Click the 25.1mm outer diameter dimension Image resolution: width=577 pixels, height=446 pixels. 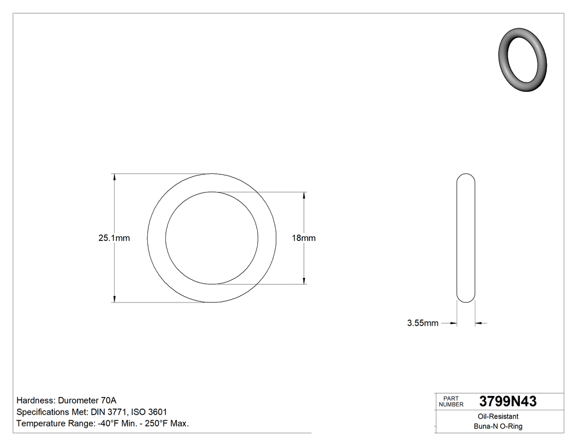(114, 238)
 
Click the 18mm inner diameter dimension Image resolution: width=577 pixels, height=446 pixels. (304, 238)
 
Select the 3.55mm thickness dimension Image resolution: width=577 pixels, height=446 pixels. (423, 323)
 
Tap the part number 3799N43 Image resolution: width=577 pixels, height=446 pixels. (508, 401)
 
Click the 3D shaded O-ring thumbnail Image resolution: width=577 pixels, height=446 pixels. (523, 59)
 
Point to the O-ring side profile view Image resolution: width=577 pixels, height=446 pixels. (466, 238)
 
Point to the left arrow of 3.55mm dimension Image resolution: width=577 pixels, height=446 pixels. (453, 323)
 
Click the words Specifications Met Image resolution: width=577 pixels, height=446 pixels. (52, 412)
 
